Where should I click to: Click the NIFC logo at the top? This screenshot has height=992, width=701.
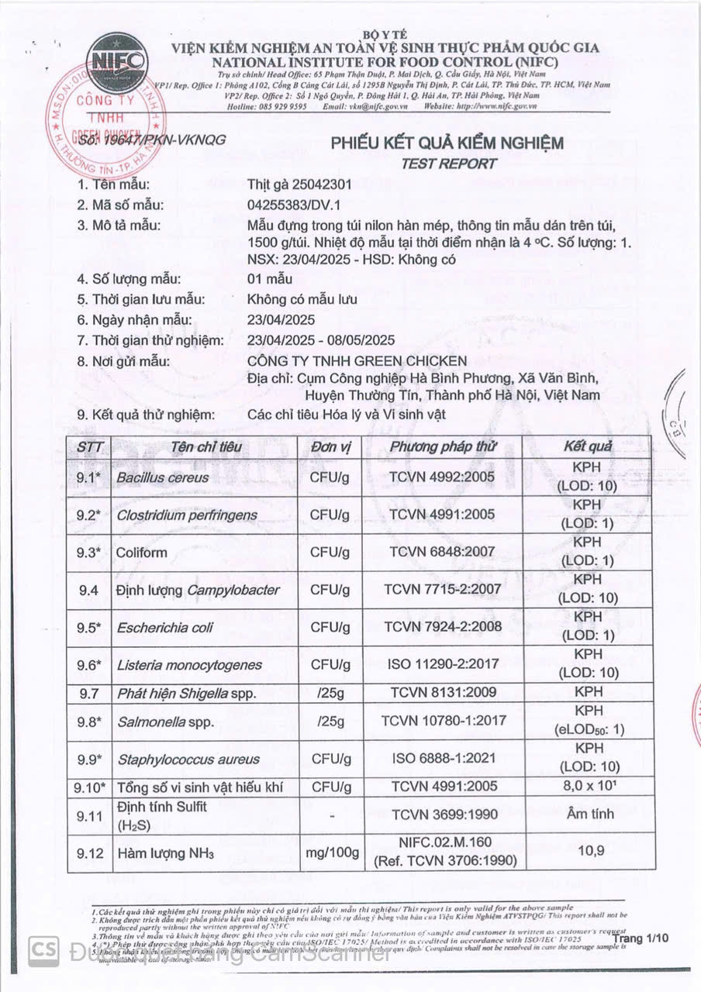pyautogui.click(x=117, y=61)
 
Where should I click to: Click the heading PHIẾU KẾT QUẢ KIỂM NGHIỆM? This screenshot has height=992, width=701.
pyautogui.click(x=447, y=143)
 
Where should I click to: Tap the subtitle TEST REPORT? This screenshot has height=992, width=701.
pyautogui.click(x=448, y=164)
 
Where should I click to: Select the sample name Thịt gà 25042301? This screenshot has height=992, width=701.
pyautogui.click(x=299, y=184)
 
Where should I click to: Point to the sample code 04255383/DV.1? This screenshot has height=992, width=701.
pyautogui.click(x=295, y=205)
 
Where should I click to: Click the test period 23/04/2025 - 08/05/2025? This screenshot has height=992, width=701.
pyautogui.click(x=321, y=340)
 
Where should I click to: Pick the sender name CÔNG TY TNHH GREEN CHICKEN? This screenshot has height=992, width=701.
pyautogui.click(x=357, y=361)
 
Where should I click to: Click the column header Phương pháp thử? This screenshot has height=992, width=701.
pyautogui.click(x=442, y=446)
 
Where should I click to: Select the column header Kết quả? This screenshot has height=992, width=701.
pyautogui.click(x=589, y=446)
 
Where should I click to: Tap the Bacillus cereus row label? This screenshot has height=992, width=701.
pyautogui.click(x=162, y=478)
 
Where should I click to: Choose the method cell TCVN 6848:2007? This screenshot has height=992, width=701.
pyautogui.click(x=441, y=552)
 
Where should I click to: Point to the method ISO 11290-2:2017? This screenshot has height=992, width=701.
pyautogui.click(x=441, y=664)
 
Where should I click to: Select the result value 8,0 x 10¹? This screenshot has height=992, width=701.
pyautogui.click(x=589, y=787)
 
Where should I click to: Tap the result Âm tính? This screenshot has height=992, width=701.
pyautogui.click(x=589, y=815)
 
